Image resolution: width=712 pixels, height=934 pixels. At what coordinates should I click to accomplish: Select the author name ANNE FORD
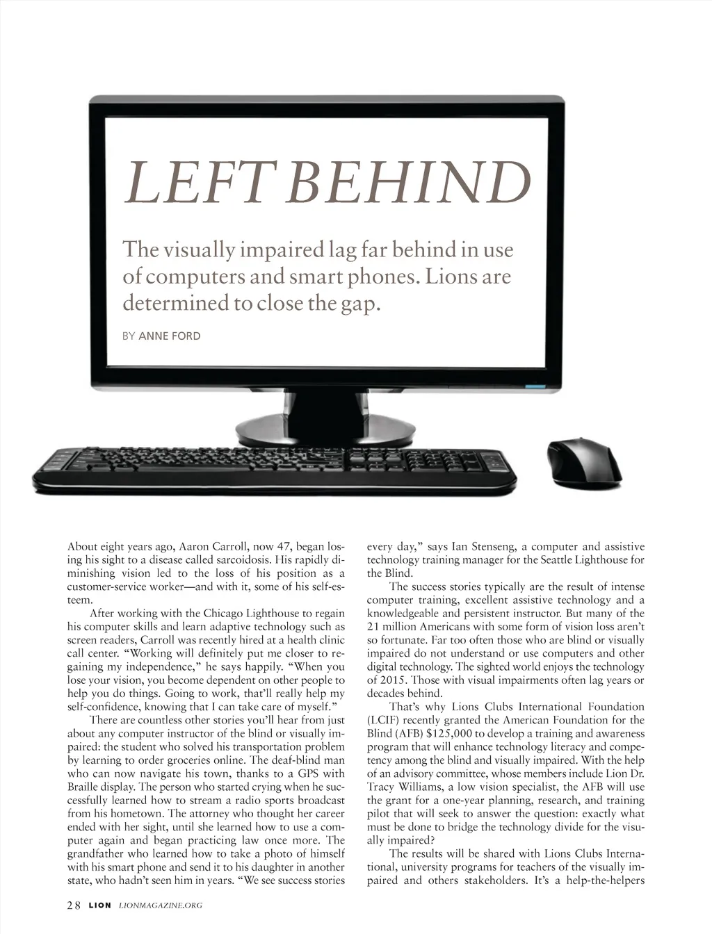(170, 336)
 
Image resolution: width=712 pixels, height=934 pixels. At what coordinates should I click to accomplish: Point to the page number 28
(74, 905)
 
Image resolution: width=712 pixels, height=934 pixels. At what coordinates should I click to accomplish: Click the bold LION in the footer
(99, 906)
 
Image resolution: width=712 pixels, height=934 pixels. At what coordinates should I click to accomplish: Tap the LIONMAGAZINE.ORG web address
(161, 906)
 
